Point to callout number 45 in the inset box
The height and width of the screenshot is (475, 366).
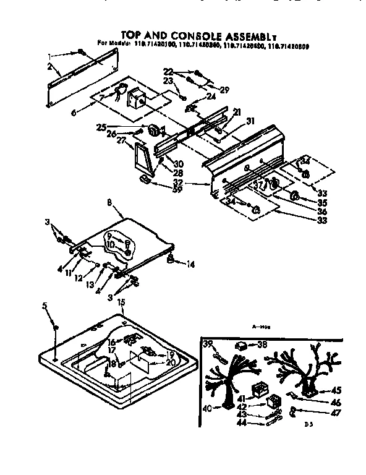(336, 390)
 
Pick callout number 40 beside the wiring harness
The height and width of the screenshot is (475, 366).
(206, 408)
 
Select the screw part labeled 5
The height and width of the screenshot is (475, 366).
(56, 326)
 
